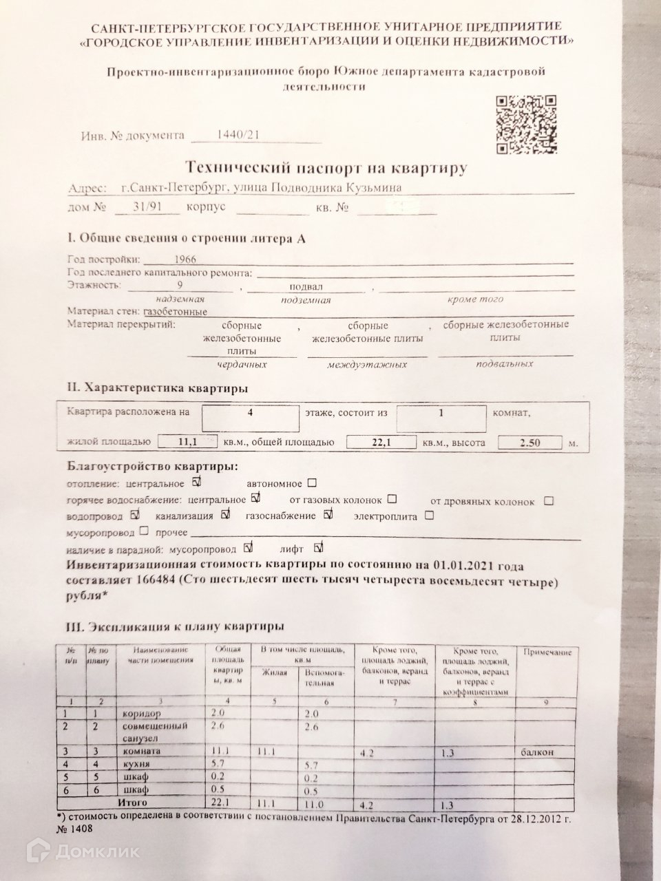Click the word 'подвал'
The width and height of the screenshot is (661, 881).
tap(306, 286)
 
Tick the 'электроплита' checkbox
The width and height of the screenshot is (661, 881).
tap(429, 515)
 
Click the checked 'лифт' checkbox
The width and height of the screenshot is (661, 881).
tap(318, 549)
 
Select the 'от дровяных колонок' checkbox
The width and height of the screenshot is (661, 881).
tap(549, 500)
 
